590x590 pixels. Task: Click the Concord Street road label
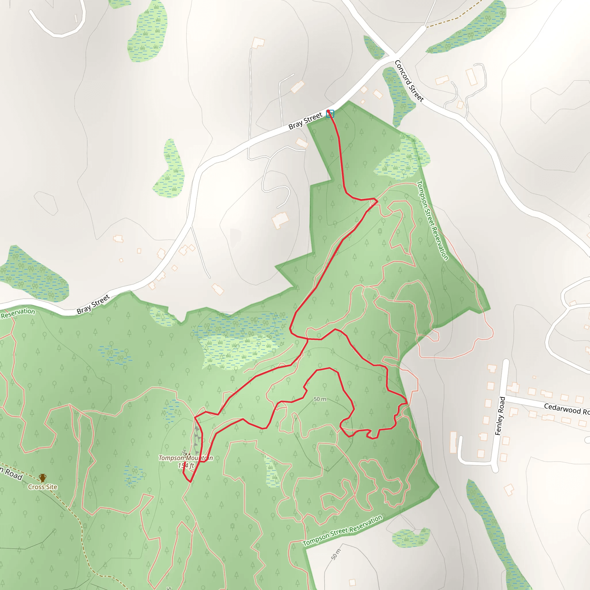409,81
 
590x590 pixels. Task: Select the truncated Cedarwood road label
566,409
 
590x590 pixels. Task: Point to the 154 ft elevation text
186,466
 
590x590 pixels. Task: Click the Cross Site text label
42,487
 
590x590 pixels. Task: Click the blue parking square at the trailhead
330,114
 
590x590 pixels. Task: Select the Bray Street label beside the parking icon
305,121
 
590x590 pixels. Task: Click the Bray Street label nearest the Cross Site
93,304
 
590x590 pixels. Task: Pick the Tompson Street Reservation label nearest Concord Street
432,220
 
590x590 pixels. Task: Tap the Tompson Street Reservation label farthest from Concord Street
342,531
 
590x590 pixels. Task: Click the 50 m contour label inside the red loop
320,399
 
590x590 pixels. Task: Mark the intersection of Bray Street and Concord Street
392,56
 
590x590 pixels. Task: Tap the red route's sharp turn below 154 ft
190,482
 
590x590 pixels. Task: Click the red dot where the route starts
328,111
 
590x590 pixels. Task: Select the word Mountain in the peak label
199,458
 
